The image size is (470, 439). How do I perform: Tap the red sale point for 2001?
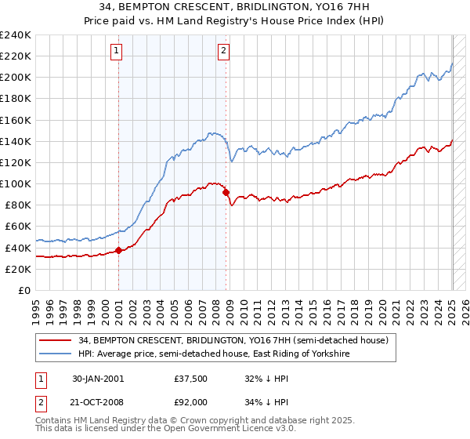(x=118, y=250)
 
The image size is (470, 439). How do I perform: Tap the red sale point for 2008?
(x=226, y=192)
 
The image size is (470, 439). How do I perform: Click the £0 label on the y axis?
(x=23, y=290)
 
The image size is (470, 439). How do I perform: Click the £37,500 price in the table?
(x=190, y=379)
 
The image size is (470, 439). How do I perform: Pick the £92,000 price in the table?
(x=190, y=402)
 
